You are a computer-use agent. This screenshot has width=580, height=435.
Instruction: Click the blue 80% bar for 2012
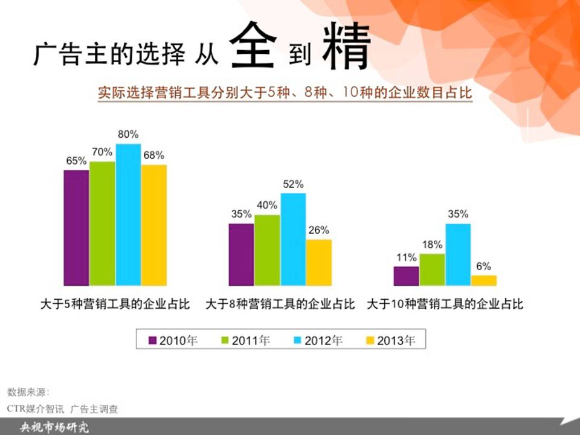128,214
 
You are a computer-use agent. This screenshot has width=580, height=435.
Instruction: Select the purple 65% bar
76,228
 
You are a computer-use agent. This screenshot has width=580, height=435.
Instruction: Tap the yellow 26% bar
319,263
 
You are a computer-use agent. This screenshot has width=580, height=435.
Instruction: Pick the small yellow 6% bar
484,280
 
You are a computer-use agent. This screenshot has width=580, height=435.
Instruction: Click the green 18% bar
432,269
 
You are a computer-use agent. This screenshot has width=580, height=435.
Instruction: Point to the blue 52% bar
294,239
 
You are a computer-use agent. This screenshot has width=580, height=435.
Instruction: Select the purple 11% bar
406,276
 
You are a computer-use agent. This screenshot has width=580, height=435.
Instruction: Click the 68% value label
154,155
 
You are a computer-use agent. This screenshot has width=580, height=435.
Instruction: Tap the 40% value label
267,205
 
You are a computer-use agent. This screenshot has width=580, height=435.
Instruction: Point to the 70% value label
102,152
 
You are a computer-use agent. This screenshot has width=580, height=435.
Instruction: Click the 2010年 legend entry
173,340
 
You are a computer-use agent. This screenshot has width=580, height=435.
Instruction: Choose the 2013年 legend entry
391,340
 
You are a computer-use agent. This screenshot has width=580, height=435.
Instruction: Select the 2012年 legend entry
318,340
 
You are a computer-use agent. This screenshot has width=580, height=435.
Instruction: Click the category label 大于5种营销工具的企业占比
115,304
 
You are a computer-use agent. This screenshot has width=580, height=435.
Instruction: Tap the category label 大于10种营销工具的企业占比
445,304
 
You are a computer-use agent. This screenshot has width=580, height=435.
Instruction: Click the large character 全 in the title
253,45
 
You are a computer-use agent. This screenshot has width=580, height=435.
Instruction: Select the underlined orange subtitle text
285,92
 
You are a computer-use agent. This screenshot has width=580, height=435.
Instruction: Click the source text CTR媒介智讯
36,409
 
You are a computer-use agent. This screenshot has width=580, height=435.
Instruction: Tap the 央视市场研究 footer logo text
54,428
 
